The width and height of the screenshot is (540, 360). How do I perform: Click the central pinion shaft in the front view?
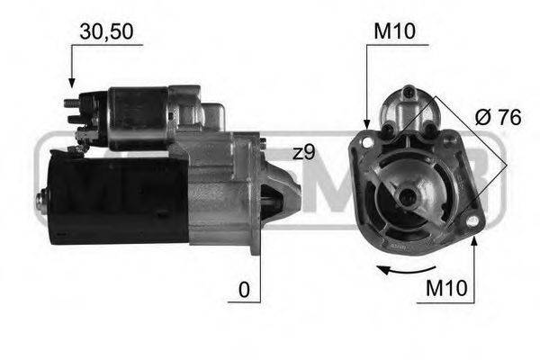tap(409, 197)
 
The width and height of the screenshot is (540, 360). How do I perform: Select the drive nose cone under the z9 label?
tap(286, 189)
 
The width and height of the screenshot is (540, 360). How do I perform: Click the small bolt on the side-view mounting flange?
tap(262, 142)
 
